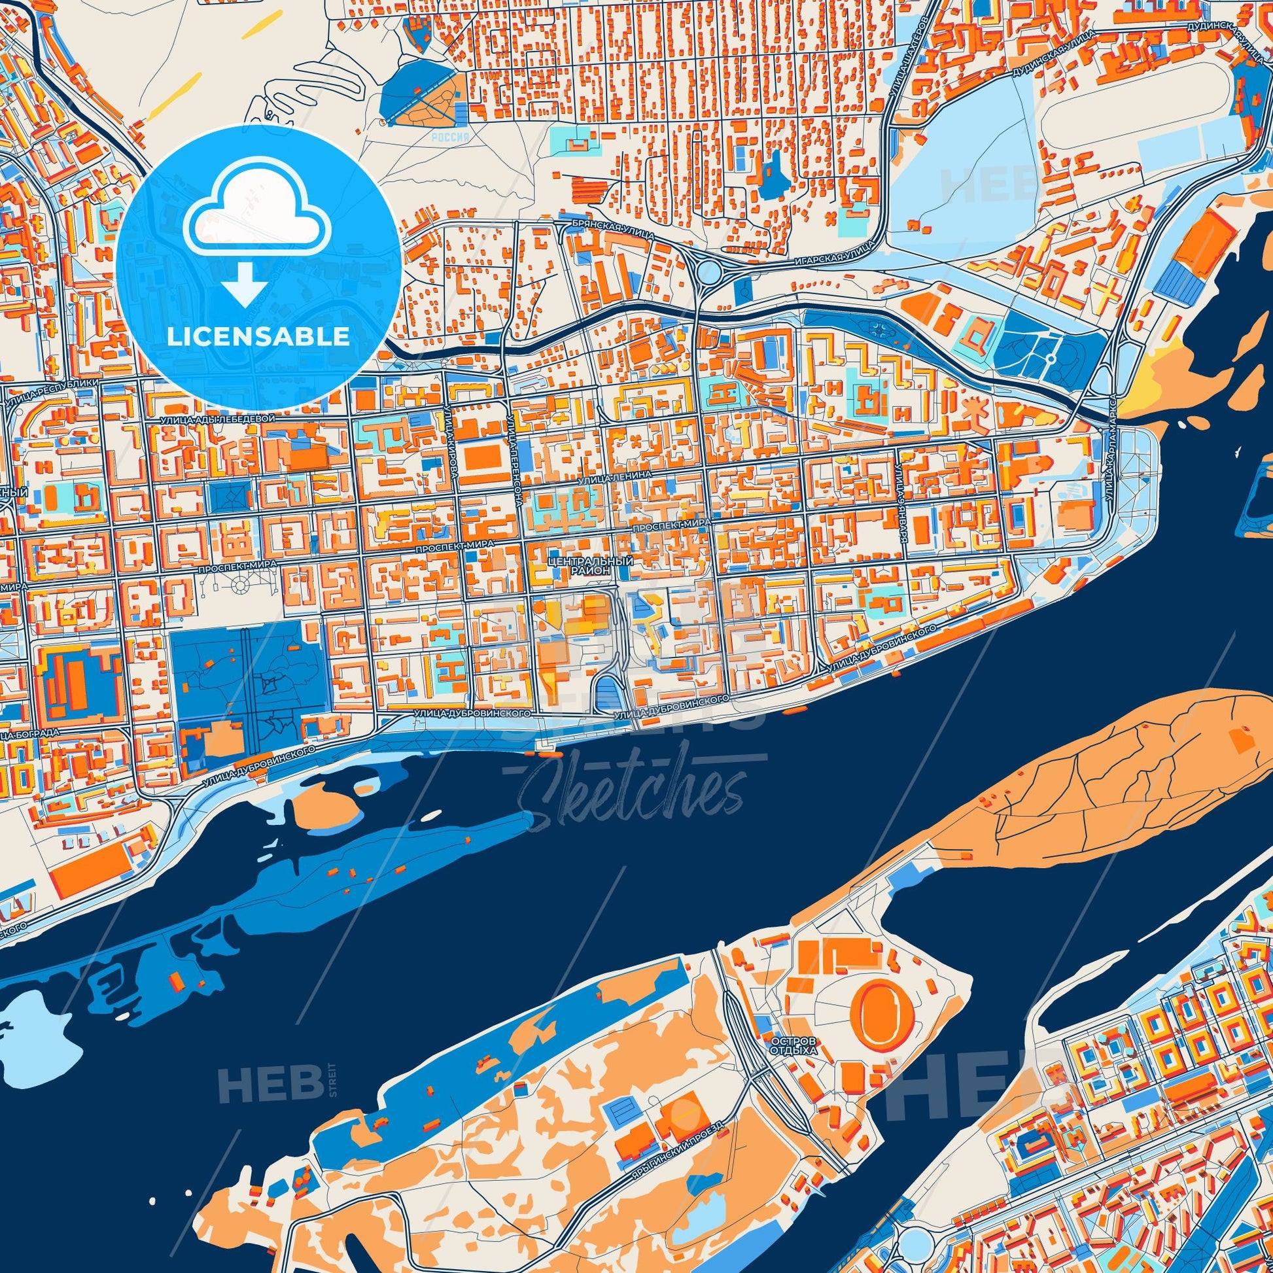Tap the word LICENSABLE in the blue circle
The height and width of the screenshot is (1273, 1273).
[x=258, y=336]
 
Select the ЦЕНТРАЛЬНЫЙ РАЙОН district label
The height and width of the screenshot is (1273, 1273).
[x=589, y=566]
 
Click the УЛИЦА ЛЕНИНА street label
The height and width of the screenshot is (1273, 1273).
[x=618, y=474]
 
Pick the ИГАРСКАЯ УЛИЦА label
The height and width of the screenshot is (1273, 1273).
[x=828, y=256]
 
